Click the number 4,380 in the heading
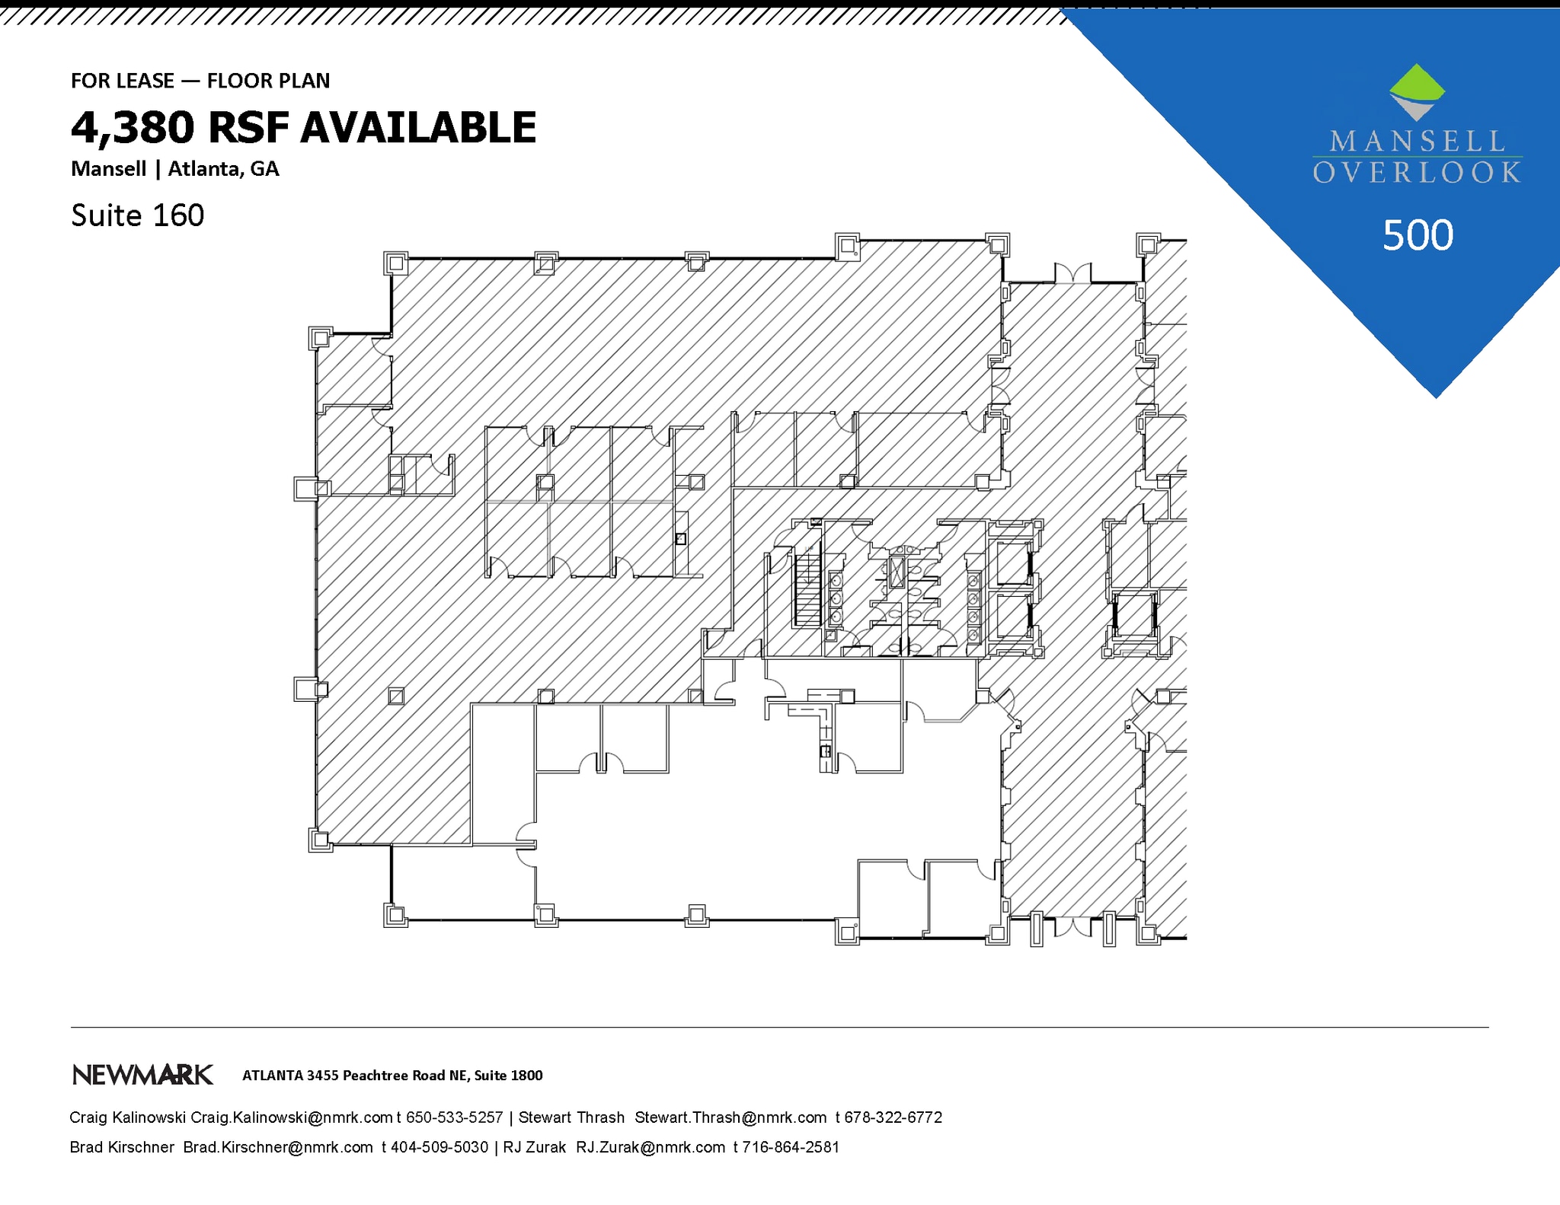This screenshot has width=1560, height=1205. coord(133,128)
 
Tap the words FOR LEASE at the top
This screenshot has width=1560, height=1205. coord(123,81)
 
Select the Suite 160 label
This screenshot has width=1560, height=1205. coord(137,215)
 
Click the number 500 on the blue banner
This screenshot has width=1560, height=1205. coord(1418,235)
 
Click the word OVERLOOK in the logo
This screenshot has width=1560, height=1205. coord(1417,173)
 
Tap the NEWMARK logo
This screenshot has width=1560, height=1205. coord(142,1075)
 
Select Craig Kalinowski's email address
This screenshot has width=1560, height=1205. coord(291,1117)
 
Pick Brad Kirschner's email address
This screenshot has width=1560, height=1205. coord(278,1147)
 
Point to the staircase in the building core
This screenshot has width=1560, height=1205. coord(807,590)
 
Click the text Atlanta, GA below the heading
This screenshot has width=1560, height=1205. coord(223,169)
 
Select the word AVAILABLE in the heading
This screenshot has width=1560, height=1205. coord(419,128)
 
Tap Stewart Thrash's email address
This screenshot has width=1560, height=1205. coord(730,1117)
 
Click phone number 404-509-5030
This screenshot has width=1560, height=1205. coord(440,1147)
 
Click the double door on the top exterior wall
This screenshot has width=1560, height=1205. coord(1072,273)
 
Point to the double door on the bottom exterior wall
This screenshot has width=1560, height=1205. coord(1072,927)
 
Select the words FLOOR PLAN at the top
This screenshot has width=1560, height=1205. coord(268,81)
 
